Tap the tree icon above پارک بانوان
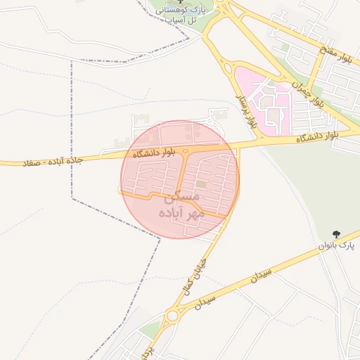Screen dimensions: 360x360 point(336,233)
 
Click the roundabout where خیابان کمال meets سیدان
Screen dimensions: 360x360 point(172,316)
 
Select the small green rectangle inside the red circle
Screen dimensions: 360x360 point(202,184)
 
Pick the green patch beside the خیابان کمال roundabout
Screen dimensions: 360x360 point(150,328)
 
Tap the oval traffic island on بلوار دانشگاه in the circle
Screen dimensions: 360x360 point(185,150)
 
